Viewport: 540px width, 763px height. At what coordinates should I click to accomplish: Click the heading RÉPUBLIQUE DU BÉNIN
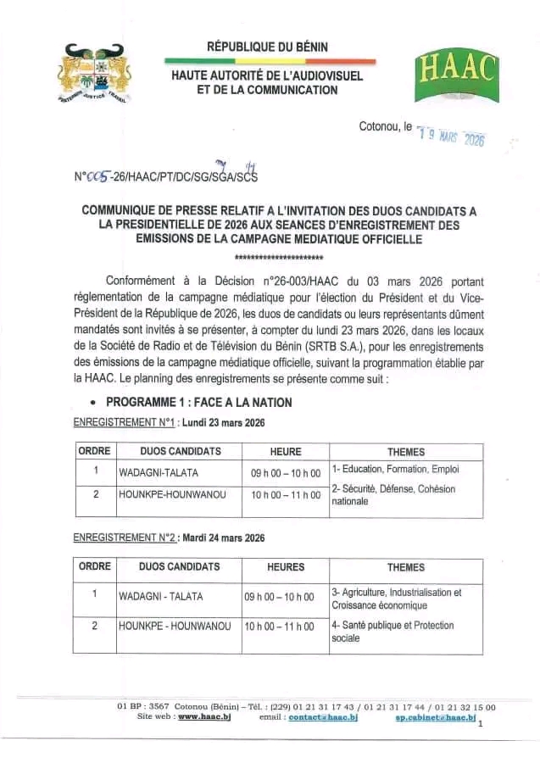(x=267, y=47)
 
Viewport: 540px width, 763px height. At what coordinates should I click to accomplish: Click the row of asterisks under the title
(x=279, y=256)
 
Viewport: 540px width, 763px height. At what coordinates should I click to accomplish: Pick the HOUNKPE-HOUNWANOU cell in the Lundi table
(x=172, y=494)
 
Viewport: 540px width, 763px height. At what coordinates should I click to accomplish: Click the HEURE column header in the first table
(x=286, y=452)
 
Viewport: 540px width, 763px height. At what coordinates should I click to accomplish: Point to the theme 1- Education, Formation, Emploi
(x=396, y=468)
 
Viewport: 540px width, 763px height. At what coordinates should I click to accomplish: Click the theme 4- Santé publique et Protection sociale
(x=392, y=632)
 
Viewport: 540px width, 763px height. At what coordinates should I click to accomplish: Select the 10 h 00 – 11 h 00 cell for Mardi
(x=279, y=627)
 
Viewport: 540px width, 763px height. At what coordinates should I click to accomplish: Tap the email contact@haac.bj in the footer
(x=323, y=717)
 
